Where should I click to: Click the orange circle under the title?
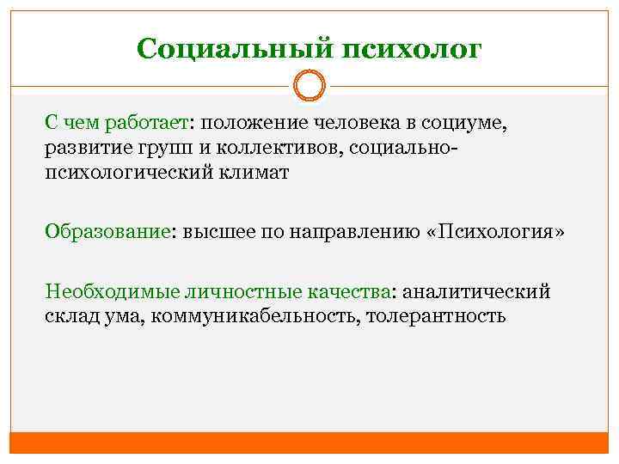click(309, 86)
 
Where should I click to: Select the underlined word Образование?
click(107, 232)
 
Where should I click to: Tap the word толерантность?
click(436, 315)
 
